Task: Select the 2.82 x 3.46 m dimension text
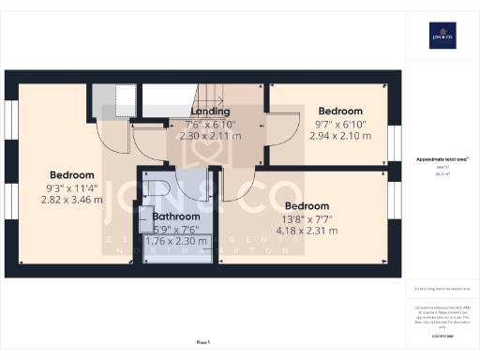coord(72,200)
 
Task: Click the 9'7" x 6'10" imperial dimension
coord(339,123)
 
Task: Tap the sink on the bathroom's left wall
coord(146,208)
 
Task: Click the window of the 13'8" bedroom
coord(394,216)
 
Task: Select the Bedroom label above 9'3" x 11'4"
coord(72,175)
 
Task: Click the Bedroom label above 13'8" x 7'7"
coord(307,206)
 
